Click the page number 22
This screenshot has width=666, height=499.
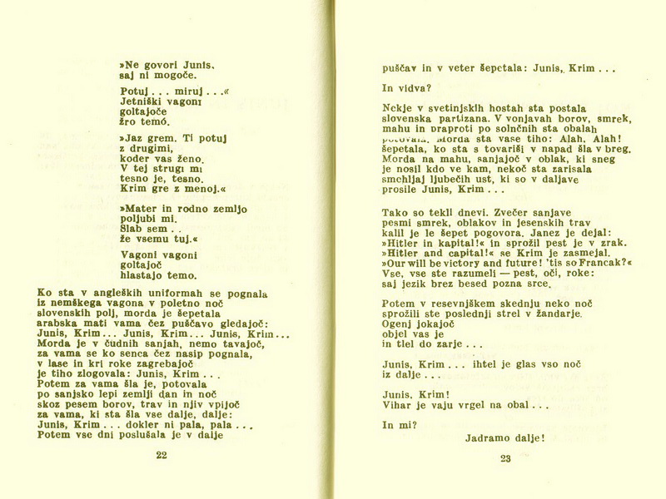(x=162, y=455)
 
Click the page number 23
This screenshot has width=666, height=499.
(x=505, y=458)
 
